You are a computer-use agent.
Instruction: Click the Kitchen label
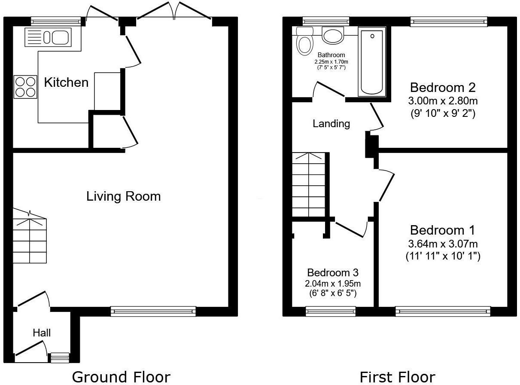(66, 82)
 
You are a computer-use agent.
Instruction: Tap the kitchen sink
(47, 37)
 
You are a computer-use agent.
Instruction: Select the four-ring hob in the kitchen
(25, 87)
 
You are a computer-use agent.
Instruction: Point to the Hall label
(42, 333)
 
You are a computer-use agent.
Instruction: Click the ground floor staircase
(29, 241)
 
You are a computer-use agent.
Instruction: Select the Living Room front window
(153, 312)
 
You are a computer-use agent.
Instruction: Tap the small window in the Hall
(60, 357)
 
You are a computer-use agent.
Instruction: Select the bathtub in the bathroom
(372, 61)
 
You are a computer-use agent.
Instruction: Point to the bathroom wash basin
(332, 35)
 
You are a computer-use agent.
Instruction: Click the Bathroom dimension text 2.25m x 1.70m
(331, 62)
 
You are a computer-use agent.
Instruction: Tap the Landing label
(331, 124)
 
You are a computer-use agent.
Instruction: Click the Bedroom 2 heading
(443, 88)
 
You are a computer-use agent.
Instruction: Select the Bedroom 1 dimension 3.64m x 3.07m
(443, 244)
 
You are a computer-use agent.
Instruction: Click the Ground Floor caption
(121, 377)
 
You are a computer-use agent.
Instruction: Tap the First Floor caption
(397, 377)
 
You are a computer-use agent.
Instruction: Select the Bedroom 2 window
(449, 21)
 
